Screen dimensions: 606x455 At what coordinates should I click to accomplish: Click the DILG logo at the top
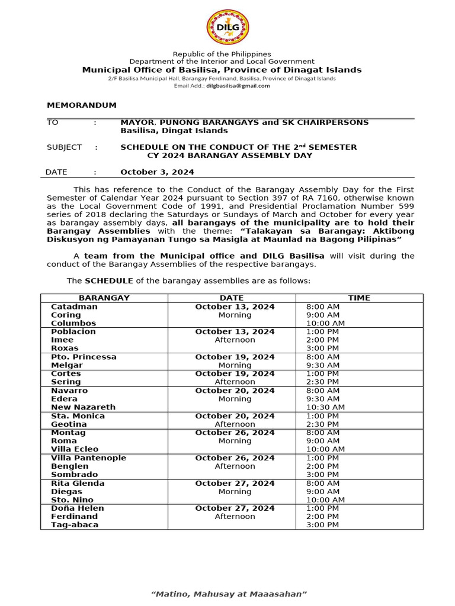coord(227,27)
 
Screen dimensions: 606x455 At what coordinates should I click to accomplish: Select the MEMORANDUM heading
coord(82,105)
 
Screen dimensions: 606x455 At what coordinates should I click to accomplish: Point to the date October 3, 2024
coord(157,172)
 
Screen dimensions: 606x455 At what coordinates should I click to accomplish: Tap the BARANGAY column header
coord(104,298)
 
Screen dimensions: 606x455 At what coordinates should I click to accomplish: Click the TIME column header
coord(359,298)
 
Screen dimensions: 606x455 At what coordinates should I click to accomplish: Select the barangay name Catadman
coord(74,307)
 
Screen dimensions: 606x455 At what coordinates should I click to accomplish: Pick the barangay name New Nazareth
coord(83,407)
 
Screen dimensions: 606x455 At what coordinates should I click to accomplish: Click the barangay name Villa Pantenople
coord(88,458)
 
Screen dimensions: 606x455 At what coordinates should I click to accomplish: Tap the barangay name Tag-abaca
coord(75,525)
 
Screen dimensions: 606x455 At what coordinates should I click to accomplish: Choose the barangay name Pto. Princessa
coord(84,357)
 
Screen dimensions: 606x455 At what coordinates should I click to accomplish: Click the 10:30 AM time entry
coord(326,407)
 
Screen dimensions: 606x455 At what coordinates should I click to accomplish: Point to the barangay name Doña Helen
coord(77,508)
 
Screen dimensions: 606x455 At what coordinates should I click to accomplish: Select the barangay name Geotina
coord(69,424)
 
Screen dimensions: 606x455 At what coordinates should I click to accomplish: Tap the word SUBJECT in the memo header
coord(64,147)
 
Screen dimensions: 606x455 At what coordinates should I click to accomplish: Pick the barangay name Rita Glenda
coord(78,483)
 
